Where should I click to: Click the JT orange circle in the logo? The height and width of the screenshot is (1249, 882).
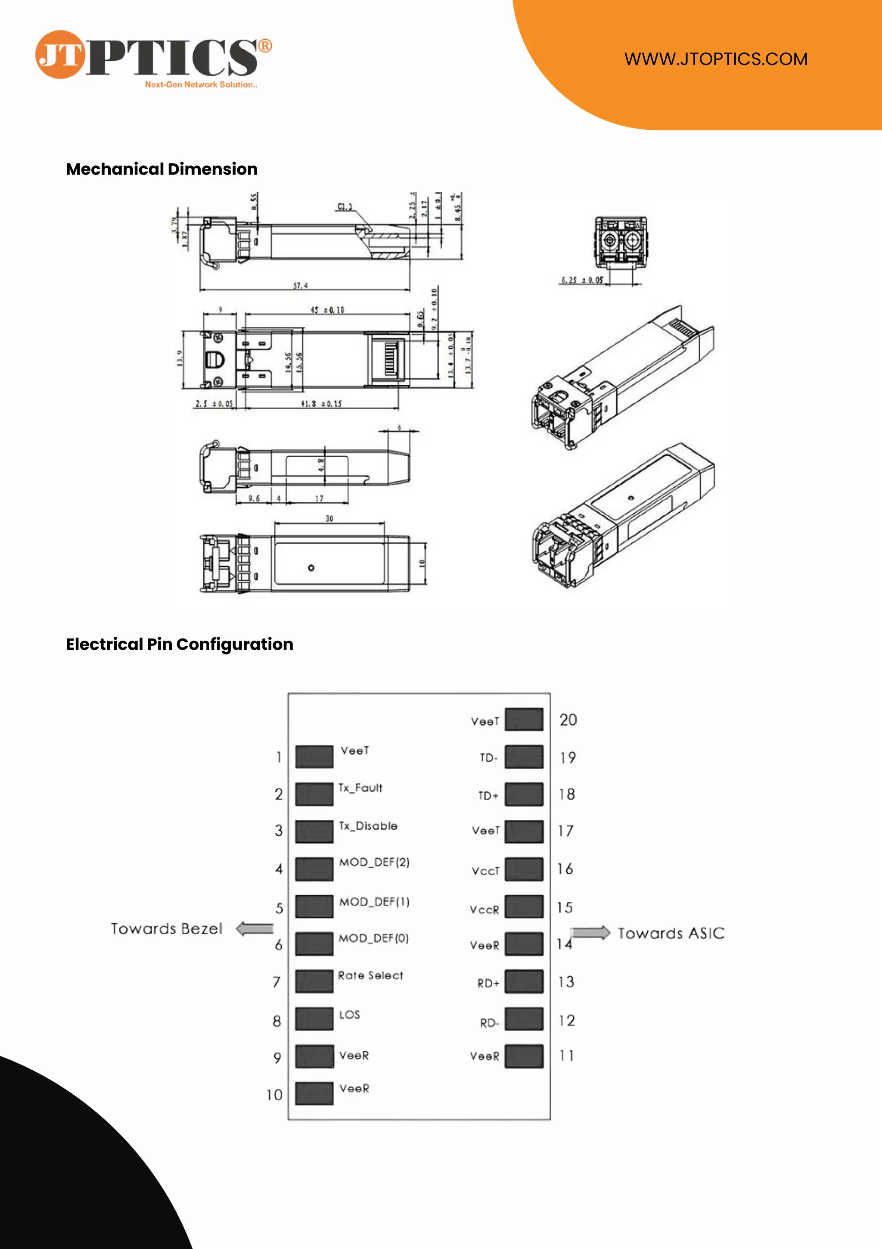click(60, 54)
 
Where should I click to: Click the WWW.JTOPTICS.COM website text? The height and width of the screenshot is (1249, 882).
click(716, 59)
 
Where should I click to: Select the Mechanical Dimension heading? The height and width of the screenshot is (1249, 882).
click(161, 169)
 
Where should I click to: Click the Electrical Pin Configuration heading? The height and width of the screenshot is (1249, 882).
click(180, 644)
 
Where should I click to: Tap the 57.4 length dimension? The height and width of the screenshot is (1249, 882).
click(301, 285)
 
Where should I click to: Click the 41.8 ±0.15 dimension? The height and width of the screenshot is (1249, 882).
click(321, 404)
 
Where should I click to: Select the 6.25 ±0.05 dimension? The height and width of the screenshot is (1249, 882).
click(582, 280)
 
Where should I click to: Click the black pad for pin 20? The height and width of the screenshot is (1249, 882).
click(524, 719)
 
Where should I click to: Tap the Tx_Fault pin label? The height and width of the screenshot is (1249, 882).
click(360, 788)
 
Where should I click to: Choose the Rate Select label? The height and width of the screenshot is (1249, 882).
click(370, 975)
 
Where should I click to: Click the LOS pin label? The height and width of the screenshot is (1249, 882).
click(349, 1015)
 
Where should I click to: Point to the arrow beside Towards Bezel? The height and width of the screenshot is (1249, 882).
click(255, 928)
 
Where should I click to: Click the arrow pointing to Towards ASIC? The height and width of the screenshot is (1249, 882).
click(590, 933)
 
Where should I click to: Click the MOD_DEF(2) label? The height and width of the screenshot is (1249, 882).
click(374, 862)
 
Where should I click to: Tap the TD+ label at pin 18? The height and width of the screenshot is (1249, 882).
click(488, 796)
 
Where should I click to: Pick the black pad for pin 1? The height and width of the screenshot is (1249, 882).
click(314, 757)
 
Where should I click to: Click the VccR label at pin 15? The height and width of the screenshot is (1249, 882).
click(484, 909)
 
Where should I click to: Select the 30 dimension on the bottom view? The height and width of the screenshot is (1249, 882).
click(329, 518)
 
